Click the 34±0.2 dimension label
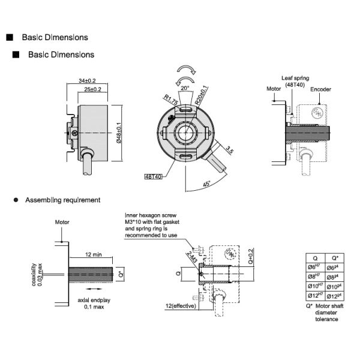click(88, 80)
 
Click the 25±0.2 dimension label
click(92, 89)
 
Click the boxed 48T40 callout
click(154, 176)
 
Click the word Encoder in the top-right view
click(321, 89)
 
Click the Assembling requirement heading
click(62, 200)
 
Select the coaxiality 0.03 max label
click(37, 273)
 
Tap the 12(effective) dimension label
click(182, 307)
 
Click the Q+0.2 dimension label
click(250, 257)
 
